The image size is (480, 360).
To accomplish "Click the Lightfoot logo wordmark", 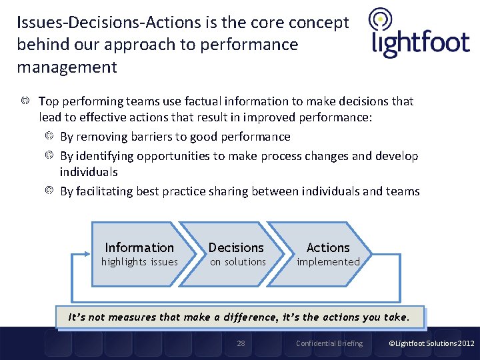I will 420,43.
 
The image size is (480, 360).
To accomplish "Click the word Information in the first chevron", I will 139,247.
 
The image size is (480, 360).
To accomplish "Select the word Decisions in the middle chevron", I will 236,247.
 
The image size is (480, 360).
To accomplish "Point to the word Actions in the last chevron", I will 328,247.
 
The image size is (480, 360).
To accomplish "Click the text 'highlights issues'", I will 139,262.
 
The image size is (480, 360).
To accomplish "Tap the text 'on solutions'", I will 238,262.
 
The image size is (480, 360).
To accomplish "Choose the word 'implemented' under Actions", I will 328,262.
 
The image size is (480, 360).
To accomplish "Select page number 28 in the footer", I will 241,343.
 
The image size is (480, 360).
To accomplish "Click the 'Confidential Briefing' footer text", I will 329,343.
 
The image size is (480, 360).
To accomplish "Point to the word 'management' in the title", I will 67,67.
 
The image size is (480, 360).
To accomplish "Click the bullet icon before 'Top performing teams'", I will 25,101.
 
